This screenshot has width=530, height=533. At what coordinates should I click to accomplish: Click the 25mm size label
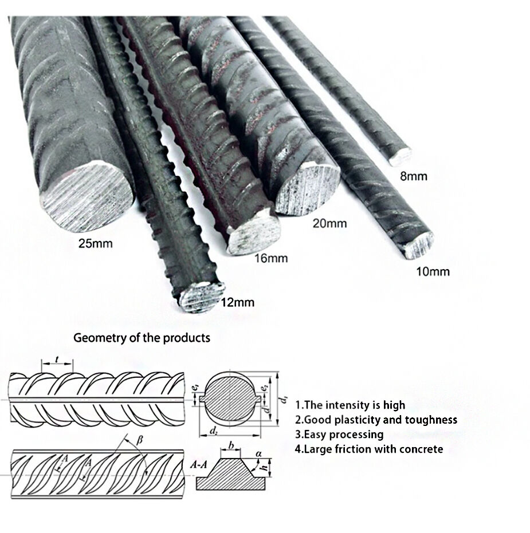pos(96,243)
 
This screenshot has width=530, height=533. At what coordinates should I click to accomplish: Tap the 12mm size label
pos(237,303)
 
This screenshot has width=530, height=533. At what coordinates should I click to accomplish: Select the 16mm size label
pos(270,259)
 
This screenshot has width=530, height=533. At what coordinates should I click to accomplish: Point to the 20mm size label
pos(329,223)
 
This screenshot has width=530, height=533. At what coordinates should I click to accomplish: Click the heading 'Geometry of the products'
pos(142,338)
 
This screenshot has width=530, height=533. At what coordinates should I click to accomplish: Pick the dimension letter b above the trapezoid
pos(230,444)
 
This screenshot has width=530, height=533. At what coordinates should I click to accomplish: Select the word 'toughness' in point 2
pos(431,420)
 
